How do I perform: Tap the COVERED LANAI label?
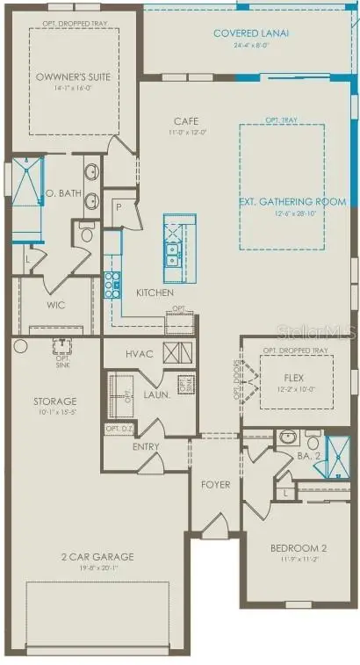tap(251, 33)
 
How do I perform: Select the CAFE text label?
tap(185, 121)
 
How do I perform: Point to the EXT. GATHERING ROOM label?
tap(281, 201)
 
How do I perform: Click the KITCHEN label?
tap(155, 292)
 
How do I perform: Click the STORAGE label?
tap(54, 401)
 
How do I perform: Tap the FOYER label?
tap(216, 484)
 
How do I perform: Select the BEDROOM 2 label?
tap(296, 549)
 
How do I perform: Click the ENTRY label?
tap(146, 446)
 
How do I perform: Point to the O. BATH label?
tap(63, 193)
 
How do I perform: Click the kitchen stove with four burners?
tap(113, 284)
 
